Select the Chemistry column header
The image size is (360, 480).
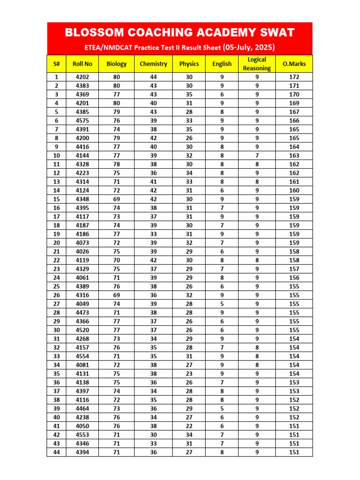coord(153,64)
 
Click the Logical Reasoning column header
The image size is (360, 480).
coord(257,64)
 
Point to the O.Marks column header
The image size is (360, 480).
coord(294,64)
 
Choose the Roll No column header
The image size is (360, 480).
coord(82,64)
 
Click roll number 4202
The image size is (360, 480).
coord(82,77)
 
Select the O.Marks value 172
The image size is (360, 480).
coord(294,77)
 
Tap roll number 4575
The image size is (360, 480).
coord(82,120)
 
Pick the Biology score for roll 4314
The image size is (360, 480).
coord(116,181)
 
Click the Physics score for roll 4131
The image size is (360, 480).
coord(189,374)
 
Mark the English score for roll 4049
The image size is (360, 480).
coord(222,304)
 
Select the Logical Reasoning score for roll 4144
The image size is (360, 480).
coord(257,156)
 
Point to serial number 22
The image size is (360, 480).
coord(57,260)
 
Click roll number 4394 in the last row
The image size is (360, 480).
coord(82,452)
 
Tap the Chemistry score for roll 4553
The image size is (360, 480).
coord(153,435)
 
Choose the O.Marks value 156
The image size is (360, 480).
coord(294,277)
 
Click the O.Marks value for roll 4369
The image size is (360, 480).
coord(294,94)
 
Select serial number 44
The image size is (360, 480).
coord(57,452)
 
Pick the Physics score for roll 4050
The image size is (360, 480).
coord(189,426)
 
